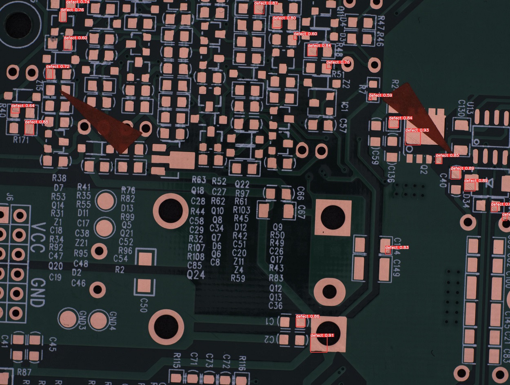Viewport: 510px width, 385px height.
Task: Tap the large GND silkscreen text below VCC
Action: pos(38,292)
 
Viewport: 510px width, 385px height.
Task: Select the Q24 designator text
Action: pos(196,275)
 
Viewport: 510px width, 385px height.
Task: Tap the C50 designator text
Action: pos(143,305)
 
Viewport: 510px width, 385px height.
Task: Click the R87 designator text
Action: pos(24,372)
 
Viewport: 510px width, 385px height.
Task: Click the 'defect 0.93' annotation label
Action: pos(417,130)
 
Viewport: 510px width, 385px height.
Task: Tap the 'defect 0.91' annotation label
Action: pos(322,336)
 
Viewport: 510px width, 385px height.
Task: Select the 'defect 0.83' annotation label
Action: pos(397,247)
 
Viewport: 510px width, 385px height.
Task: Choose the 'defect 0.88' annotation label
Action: pos(36,122)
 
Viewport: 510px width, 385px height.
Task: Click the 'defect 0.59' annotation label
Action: pos(380,95)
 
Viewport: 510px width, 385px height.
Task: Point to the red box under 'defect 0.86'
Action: pos(300,323)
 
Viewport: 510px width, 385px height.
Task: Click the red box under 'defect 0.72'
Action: pos(50,73)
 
